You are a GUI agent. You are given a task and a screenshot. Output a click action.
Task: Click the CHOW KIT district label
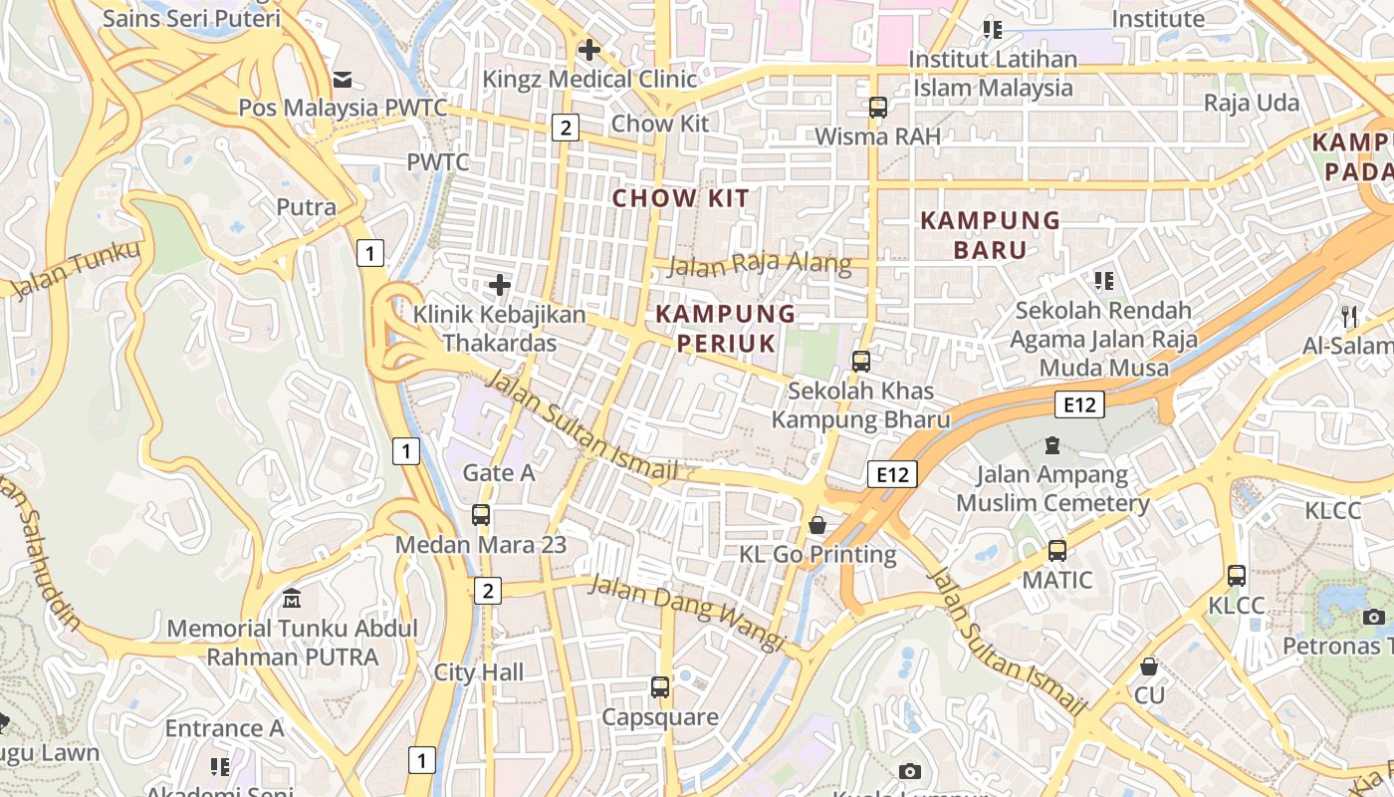680,198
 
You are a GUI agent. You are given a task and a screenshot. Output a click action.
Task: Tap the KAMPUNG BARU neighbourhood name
990,234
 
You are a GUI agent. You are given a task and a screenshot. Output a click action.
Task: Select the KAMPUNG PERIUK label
726,329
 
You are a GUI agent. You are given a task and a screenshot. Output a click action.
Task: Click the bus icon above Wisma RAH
877,108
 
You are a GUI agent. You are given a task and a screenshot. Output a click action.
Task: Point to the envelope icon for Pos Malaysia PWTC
343,79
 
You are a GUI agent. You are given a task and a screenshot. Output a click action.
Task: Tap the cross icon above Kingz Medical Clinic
589,49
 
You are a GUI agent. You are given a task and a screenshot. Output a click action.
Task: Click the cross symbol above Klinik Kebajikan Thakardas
500,286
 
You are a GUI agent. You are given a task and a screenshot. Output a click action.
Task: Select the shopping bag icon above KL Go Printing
817,524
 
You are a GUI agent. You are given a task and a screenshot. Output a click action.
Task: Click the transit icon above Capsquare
660,686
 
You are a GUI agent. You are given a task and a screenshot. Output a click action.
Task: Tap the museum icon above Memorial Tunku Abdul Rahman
292,599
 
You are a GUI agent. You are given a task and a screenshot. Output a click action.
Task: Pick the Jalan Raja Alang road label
760,264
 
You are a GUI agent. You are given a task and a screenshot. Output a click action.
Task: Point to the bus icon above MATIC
1057,550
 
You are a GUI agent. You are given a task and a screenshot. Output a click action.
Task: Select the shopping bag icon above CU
1149,666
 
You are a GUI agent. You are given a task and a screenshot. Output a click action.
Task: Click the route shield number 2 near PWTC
566,127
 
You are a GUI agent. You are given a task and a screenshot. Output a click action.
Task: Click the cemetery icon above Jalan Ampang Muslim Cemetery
1052,444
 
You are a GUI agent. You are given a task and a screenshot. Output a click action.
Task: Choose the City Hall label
479,672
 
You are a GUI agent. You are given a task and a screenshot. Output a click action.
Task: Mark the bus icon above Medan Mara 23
481,515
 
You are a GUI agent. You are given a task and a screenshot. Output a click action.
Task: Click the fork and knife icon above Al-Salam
1349,317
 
